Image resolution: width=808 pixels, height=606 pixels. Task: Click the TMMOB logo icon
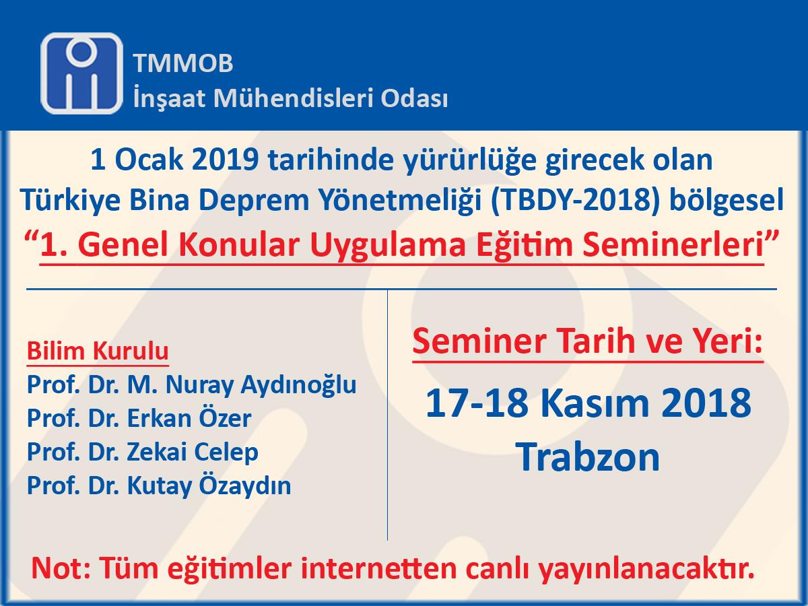tap(81, 73)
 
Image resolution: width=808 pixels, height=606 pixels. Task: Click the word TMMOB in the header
tap(183, 63)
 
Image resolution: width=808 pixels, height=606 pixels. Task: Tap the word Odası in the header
tap(415, 98)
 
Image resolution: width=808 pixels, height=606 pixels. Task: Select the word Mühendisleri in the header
tap(294, 98)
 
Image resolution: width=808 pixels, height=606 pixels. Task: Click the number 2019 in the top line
tap(226, 160)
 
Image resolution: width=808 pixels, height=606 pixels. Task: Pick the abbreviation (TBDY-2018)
tap(575, 201)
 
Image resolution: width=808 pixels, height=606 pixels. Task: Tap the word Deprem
tap(254, 201)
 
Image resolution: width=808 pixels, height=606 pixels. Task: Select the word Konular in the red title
tap(239, 245)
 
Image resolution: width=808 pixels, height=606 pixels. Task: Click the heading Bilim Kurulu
tap(98, 351)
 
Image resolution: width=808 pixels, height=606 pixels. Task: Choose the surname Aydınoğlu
tap(298, 386)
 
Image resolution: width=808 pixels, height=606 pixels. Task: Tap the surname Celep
tap(226, 453)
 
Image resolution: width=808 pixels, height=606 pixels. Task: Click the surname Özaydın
tap(245, 486)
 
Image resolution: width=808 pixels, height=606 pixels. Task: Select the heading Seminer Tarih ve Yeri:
tap(588, 341)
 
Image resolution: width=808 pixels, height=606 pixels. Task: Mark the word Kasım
tap(595, 403)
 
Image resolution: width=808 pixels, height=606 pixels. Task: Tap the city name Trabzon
tap(589, 457)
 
